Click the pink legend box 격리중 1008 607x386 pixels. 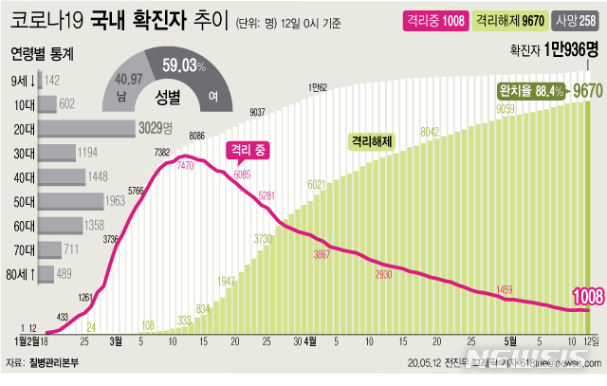432,19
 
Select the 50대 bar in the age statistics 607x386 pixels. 56,201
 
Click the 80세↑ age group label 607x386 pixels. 22,274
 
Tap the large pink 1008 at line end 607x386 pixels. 580,296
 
